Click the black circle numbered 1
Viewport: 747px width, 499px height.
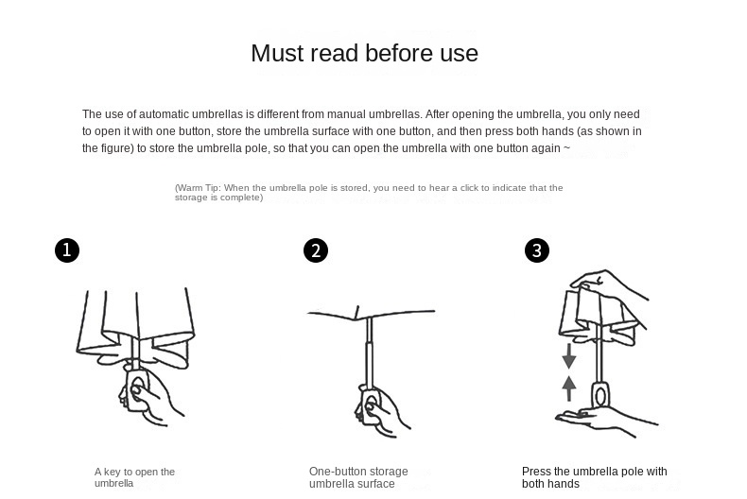(67, 250)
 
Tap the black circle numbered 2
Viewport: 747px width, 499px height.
(316, 250)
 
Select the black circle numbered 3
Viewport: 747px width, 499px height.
(537, 250)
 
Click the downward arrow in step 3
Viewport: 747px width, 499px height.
(569, 356)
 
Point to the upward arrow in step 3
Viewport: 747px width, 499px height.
(569, 388)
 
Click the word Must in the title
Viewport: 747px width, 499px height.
(278, 53)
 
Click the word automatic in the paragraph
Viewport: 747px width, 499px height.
(164, 114)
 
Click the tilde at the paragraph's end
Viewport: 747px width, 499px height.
(566, 148)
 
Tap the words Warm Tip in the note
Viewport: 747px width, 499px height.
(198, 188)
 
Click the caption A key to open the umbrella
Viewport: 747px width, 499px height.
(135, 477)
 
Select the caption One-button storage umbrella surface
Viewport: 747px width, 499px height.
(358, 477)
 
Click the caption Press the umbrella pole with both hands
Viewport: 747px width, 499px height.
(594, 477)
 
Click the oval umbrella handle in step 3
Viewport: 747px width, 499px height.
(600, 394)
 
